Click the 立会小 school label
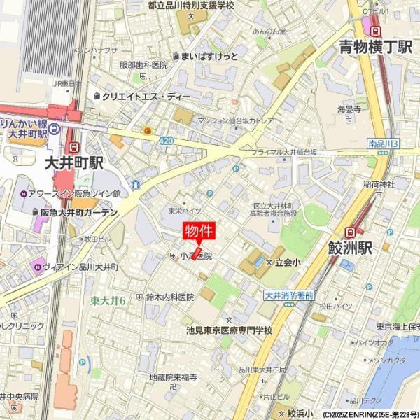click(286, 262)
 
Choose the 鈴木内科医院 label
click(169, 297)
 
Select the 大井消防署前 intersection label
click(288, 296)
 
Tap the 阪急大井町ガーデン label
click(78, 212)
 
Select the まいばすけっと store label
click(209, 56)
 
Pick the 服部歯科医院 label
click(143, 65)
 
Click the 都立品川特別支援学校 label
click(190, 6)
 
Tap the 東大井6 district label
click(108, 301)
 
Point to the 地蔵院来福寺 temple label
click(174, 377)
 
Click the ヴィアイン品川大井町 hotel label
click(81, 267)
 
